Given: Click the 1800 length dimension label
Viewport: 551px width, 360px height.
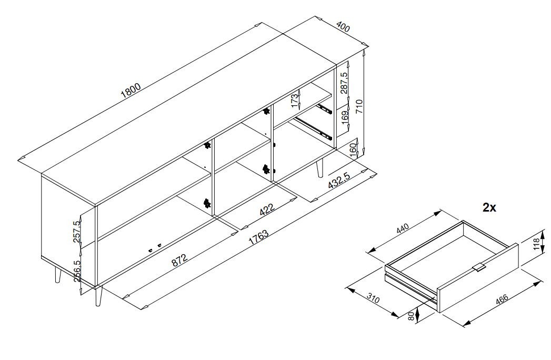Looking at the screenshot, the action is (131, 91).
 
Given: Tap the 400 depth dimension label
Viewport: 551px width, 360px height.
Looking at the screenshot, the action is (343, 27).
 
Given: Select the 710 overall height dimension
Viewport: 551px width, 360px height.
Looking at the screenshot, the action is (359, 106).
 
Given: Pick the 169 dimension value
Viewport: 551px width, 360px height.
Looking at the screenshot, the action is (345, 115).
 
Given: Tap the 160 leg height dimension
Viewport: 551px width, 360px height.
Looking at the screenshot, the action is (353, 150).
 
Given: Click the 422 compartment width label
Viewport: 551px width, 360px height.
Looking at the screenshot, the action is (267, 209).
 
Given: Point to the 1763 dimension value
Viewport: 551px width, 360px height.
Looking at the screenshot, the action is (258, 238).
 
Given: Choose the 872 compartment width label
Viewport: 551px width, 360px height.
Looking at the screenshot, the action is (179, 259).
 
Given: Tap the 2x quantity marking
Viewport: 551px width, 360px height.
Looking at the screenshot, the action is (489, 208).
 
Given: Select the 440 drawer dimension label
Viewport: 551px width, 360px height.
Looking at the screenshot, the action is (403, 229).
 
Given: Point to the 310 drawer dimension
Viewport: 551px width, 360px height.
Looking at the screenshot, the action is (373, 299).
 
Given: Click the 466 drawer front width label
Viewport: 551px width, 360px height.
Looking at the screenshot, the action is (502, 299).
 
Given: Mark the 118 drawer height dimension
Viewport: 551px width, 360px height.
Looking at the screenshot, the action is (536, 244).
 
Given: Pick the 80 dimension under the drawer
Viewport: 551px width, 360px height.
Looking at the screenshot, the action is (411, 316).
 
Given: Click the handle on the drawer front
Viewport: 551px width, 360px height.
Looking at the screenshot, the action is (478, 267).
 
